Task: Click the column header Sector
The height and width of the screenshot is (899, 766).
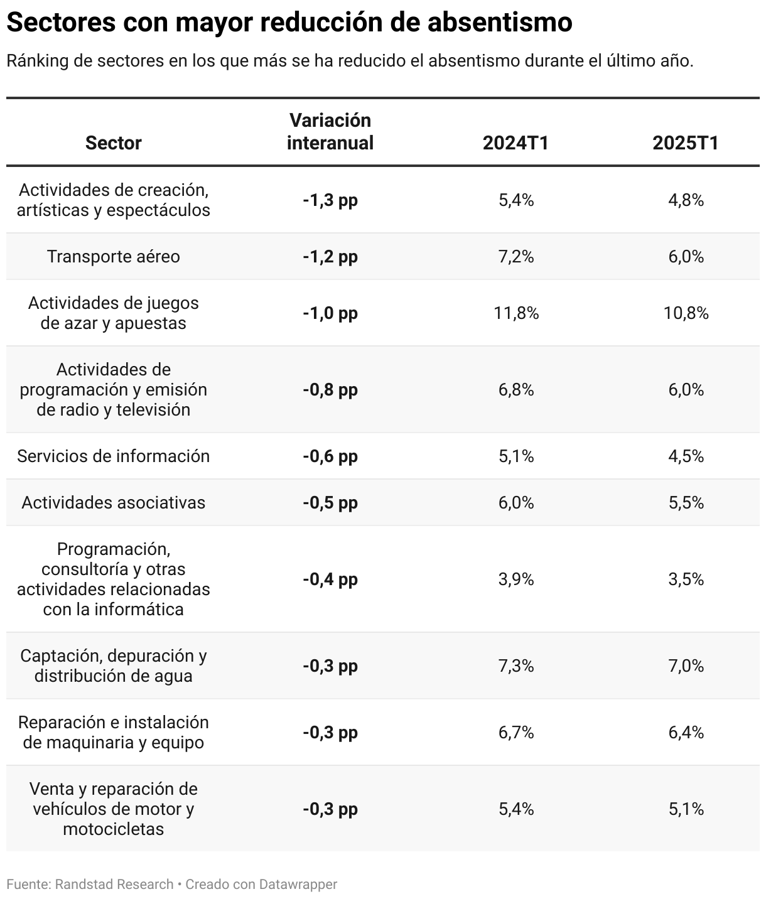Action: coord(113,143)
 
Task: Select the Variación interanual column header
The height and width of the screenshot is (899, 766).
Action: coord(330,131)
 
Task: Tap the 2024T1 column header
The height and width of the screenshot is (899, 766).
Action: coord(516,143)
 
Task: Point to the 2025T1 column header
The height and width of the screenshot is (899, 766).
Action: coord(686,143)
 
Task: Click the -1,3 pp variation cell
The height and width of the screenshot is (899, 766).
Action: coord(330,200)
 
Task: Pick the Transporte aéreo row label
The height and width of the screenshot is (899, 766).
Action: coord(113,257)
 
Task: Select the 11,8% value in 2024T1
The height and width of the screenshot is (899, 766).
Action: coord(516,313)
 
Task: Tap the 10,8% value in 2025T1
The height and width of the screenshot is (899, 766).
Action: coord(686,313)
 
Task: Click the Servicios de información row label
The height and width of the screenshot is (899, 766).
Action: coord(113,456)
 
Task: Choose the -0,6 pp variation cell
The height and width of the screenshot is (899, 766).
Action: coord(330,456)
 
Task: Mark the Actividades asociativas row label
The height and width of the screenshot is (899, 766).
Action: coord(113,503)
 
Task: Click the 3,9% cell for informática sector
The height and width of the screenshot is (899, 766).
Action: coord(516,579)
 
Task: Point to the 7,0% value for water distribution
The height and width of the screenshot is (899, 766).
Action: coord(686,666)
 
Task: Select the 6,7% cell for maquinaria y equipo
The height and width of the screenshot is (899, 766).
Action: coord(516,733)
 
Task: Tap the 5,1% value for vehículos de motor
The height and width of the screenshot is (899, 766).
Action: coord(686,809)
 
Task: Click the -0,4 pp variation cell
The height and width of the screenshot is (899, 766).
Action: coord(330,579)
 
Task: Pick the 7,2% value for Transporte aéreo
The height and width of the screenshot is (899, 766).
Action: coord(516,257)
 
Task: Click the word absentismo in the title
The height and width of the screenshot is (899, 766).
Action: coord(500,22)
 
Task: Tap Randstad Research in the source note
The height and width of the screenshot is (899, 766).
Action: coord(114,884)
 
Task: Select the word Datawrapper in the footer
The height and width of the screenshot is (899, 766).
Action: coord(298,884)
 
